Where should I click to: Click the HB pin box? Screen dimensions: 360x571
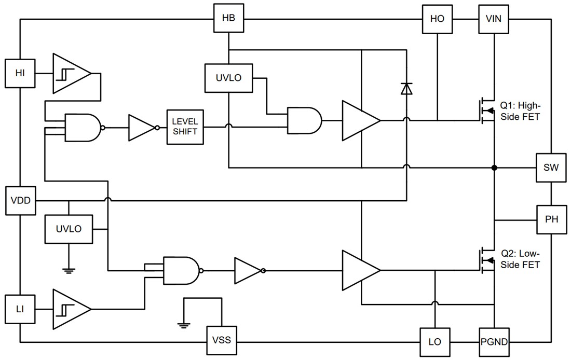tap(228, 18)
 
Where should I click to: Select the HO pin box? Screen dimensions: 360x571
tap(437, 19)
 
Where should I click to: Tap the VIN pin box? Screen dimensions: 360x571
tap(493, 19)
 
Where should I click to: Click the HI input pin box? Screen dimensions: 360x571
tap(20, 73)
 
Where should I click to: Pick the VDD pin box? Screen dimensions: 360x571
tap(20, 201)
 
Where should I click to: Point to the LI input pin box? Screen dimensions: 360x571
tap(20, 309)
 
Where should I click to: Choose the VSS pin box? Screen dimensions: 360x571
tap(222, 341)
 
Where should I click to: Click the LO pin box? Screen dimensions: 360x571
tap(434, 342)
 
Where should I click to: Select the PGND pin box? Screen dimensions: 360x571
tap(494, 342)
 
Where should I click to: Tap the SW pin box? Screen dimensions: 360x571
tap(551, 168)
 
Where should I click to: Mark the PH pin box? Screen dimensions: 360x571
tap(551, 219)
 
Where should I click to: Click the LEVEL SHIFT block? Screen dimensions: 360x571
tap(185, 127)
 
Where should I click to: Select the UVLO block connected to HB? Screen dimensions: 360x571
tap(228, 78)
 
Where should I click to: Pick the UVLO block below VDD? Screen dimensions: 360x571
tap(69, 229)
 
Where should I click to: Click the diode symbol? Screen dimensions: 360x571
tap(406, 89)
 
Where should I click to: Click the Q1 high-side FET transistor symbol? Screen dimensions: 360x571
tap(486, 110)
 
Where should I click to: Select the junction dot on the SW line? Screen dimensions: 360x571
tap(494, 168)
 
